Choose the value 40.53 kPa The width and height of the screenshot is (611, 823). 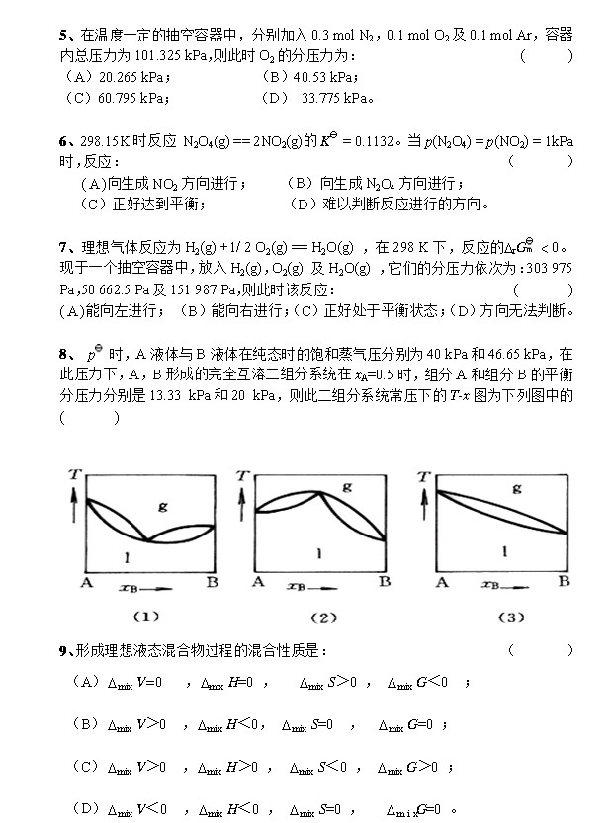click(310, 76)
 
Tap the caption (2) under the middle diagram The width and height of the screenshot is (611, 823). click(323, 617)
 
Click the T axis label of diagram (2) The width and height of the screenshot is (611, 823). click(242, 476)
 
